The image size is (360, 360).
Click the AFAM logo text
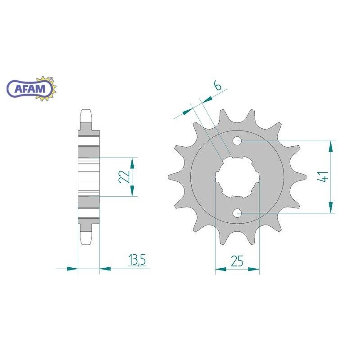30,89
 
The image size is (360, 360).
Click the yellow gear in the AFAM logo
46,88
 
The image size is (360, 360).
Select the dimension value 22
124,176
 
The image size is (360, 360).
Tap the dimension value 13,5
137,260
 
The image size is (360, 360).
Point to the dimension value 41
323,176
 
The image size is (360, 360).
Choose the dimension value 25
237,261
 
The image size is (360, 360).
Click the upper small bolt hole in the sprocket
238,140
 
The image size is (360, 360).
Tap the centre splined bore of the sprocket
238,177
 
